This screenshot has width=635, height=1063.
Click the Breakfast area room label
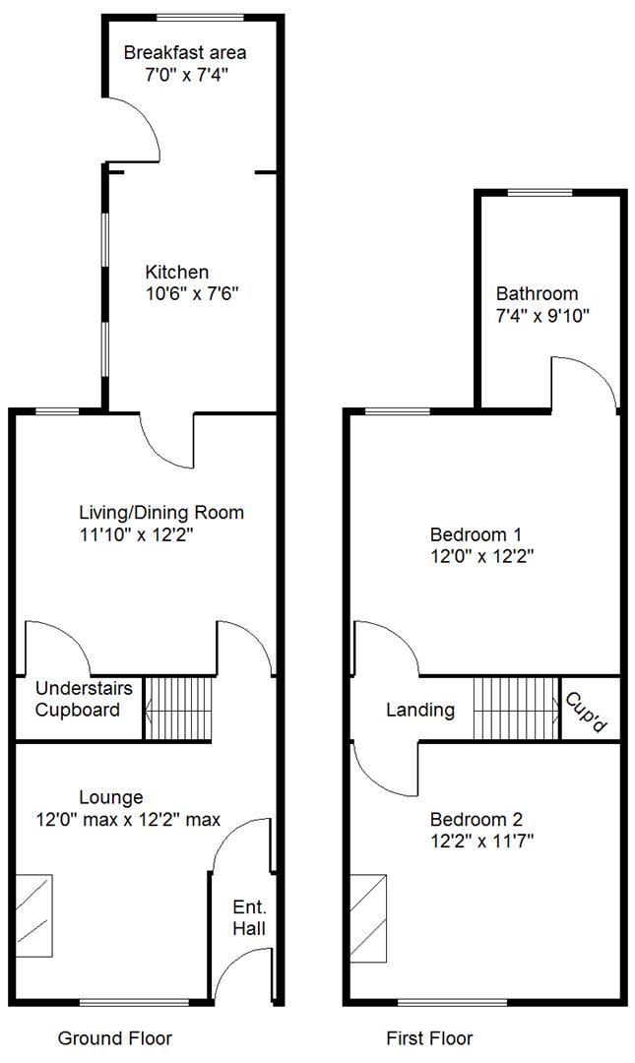click(184, 53)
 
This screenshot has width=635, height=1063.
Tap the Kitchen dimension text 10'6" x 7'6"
click(193, 294)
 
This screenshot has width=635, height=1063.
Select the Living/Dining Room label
click(161, 513)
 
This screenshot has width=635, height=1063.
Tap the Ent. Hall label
click(249, 918)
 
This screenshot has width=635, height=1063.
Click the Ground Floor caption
click(114, 1038)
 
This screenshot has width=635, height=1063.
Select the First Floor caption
click(429, 1038)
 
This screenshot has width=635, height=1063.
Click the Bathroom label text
click(538, 293)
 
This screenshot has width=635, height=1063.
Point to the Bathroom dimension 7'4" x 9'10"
click(542, 316)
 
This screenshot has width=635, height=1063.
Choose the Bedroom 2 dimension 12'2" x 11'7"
click(481, 842)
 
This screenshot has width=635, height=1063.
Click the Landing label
click(420, 710)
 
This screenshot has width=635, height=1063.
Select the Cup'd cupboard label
click(586, 712)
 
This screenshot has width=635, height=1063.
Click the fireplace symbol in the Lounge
click(33, 915)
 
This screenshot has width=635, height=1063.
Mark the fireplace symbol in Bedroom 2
click(368, 918)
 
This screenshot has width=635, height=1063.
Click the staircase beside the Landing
click(516, 709)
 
